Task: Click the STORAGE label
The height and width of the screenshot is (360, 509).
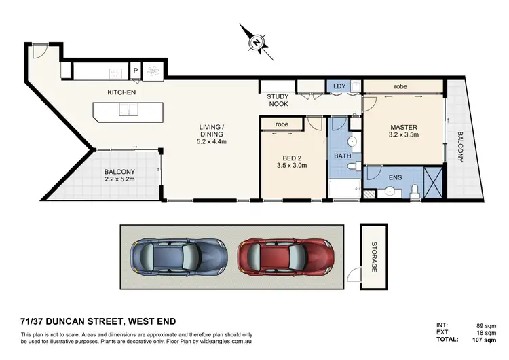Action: tap(374, 258)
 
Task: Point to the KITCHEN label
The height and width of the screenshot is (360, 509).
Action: tap(121, 92)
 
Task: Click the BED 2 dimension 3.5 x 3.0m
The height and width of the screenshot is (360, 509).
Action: tap(293, 165)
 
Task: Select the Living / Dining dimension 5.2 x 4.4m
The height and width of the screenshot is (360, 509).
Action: tap(212, 141)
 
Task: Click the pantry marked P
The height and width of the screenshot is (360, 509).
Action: tap(136, 69)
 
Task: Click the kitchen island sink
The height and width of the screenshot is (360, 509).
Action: tap(128, 110)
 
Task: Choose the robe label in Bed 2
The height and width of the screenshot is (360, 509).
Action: tap(282, 125)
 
